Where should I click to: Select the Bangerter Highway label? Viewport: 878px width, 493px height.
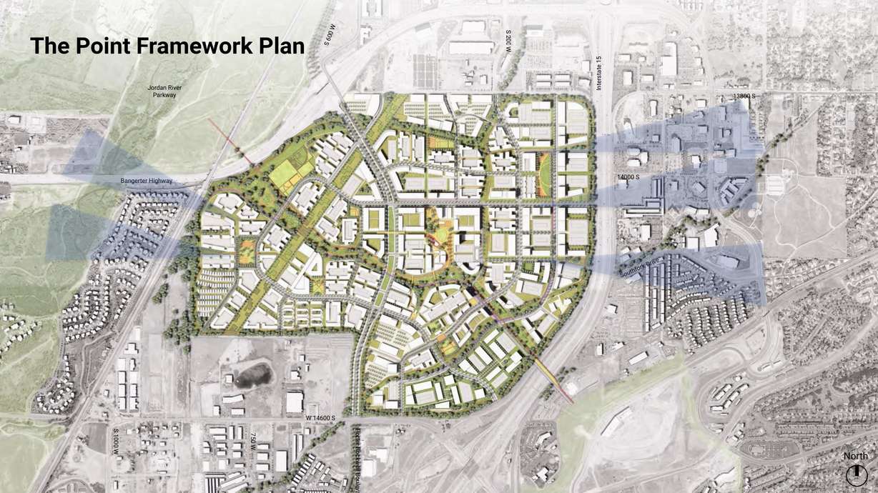tap(147, 181)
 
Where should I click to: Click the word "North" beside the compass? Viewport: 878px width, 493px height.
tap(856, 456)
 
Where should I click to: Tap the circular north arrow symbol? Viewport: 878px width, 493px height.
tap(856, 474)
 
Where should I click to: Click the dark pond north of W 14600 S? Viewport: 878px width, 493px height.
tap(250, 374)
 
